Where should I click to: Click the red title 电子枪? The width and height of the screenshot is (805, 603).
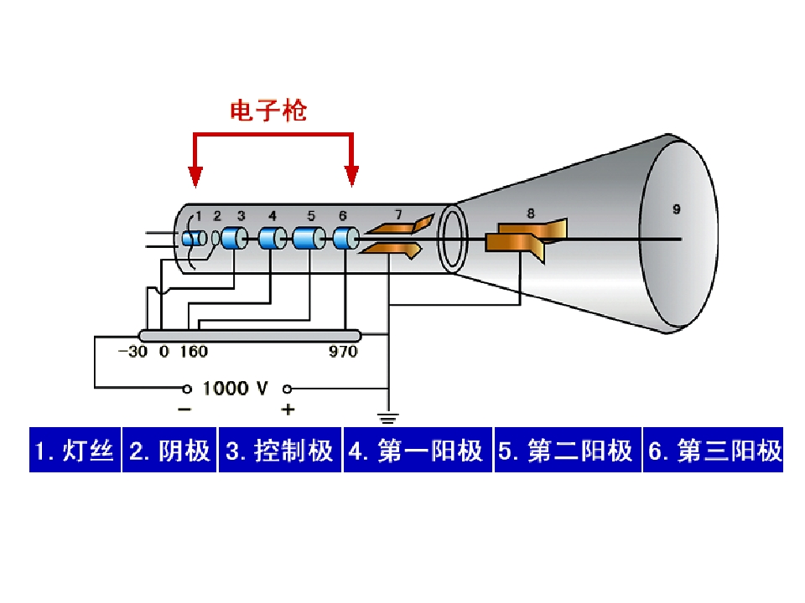(268, 111)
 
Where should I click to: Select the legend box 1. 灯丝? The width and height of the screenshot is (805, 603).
(75, 450)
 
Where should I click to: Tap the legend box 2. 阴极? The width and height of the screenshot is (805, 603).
(169, 450)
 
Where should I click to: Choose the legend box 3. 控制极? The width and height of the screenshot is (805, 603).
(280, 450)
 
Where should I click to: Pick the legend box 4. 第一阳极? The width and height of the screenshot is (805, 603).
(418, 450)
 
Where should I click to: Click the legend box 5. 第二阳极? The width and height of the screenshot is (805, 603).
(568, 450)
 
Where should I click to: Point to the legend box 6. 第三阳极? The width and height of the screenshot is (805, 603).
(713, 450)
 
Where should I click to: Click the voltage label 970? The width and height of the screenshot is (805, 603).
(343, 352)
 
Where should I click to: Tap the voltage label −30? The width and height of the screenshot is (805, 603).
(133, 352)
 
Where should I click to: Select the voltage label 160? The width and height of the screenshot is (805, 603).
(194, 352)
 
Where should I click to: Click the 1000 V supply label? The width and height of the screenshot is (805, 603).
(235, 388)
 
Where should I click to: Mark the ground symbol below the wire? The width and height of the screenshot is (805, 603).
(388, 419)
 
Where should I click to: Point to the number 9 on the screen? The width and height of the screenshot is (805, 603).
(676, 209)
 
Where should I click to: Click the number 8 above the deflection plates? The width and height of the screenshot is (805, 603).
(530, 214)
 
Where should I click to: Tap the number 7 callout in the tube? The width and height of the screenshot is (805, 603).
(398, 214)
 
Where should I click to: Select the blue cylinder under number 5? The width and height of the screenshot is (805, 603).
(309, 239)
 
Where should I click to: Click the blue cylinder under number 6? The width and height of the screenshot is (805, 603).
(345, 239)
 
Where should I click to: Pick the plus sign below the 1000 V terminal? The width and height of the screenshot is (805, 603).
(288, 410)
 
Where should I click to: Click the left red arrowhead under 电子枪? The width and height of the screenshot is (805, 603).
(195, 177)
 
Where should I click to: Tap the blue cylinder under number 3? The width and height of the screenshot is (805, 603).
(235, 239)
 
